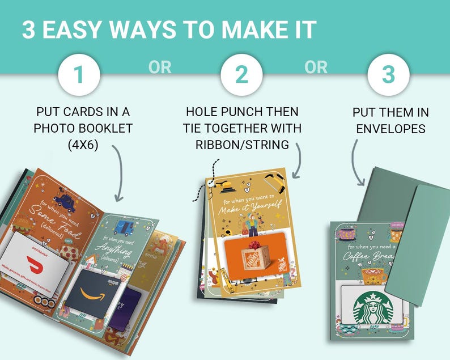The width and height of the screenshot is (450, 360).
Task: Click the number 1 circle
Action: (79, 74)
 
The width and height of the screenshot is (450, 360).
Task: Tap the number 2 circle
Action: (241, 74)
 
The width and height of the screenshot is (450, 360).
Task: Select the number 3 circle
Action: (388, 74)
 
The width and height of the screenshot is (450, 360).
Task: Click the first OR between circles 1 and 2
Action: (160, 67)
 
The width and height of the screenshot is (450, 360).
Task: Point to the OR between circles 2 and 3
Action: (316, 67)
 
